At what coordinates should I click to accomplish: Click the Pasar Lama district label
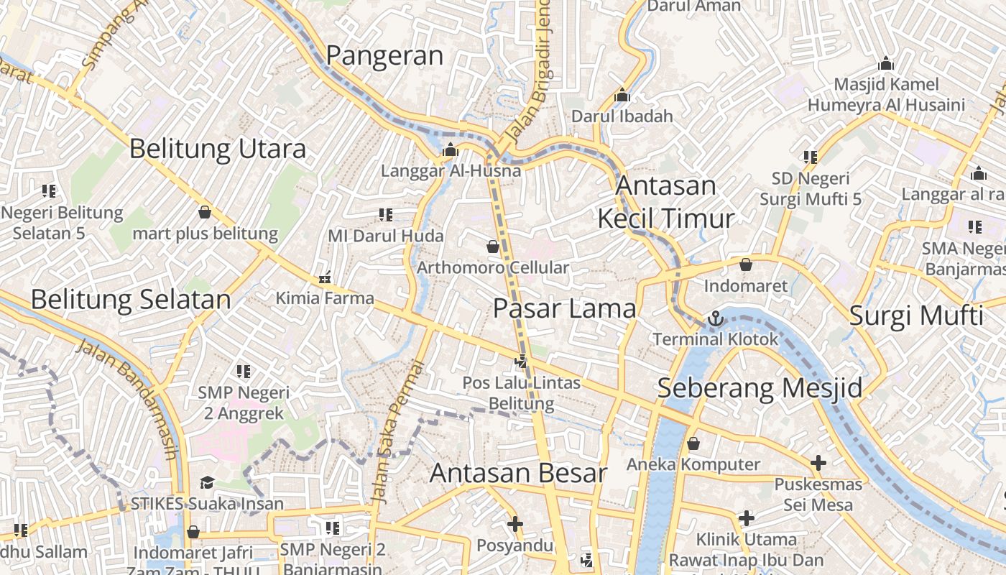565,309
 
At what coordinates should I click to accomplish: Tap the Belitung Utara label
218,149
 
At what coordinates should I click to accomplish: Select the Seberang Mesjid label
760,388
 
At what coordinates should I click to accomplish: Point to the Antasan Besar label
518,474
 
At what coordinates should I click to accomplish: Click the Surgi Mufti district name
916,316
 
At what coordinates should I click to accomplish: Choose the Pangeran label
385,56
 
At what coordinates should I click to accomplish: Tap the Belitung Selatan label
131,300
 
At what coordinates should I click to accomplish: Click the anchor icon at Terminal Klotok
715,318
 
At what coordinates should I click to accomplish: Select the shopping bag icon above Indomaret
746,264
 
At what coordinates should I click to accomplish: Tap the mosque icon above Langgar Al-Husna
451,149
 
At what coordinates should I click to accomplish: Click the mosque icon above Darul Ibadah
622,95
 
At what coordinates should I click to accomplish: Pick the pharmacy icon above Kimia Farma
325,277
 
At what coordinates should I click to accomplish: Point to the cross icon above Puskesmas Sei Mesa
818,463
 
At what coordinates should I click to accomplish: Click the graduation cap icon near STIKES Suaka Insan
207,482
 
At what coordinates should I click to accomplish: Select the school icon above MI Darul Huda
385,214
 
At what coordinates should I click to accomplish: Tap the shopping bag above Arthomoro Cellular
493,247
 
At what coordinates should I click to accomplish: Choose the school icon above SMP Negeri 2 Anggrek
244,372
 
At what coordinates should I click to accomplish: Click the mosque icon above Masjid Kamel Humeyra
886,63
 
